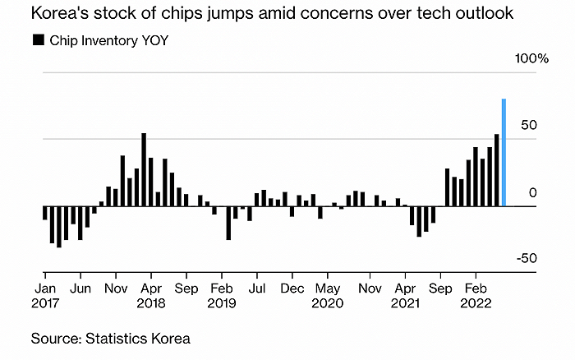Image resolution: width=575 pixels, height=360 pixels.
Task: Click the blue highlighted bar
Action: [504, 152]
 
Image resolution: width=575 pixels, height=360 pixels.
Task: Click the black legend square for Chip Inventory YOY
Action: [37, 39]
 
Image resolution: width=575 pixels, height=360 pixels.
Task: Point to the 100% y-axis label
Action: [531, 58]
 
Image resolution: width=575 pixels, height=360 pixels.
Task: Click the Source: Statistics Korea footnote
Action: [111, 338]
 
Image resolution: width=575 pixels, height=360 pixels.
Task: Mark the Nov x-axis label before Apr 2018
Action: [116, 288]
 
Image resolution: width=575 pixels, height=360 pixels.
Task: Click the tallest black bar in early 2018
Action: [144, 169]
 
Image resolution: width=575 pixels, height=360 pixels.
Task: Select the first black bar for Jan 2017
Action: [44, 212]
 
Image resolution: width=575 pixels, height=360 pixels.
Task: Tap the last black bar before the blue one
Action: [496, 169]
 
